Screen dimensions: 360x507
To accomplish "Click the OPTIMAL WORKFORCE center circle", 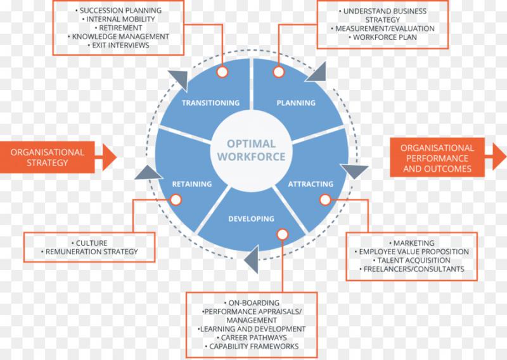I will click(252, 150).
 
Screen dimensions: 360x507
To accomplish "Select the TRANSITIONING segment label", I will click(210, 103).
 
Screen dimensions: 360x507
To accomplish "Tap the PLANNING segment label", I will click(296, 103).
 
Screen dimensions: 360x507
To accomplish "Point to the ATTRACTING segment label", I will click(311, 184).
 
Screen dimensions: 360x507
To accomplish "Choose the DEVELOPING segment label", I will click(251, 219).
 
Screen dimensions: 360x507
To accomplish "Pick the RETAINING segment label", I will click(192, 184).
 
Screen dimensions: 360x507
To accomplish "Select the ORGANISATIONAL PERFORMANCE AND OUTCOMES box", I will click(437, 158).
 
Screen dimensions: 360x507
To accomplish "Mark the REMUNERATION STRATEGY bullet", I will click(91, 252).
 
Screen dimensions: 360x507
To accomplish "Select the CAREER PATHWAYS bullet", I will click(252, 338).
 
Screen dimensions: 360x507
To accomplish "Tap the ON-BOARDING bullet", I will click(252, 303).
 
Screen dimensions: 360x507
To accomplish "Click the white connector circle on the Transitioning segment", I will click(222, 72).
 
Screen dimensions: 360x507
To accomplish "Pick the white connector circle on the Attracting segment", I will click(325, 200).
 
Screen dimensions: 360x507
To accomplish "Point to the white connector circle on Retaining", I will click(176, 200).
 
